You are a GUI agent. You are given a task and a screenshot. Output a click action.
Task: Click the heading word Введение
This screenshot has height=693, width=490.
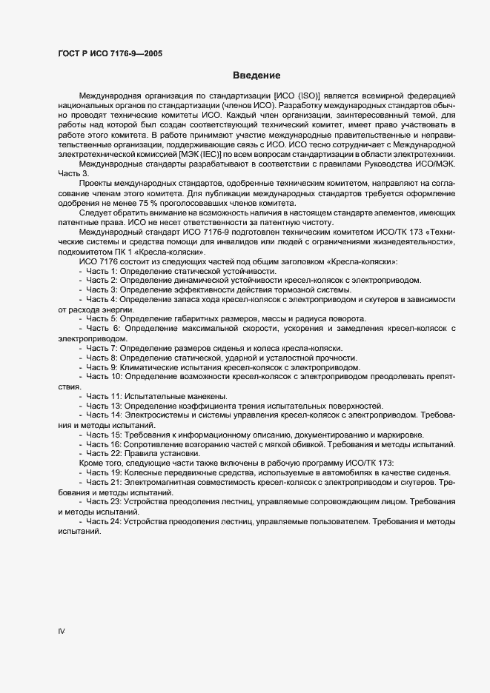256,76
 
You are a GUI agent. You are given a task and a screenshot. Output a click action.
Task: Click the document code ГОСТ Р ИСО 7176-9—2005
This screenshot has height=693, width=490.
110,54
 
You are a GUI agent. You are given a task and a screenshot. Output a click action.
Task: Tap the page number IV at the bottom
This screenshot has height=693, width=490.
62,631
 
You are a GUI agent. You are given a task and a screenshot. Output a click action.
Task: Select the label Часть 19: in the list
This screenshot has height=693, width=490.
105,472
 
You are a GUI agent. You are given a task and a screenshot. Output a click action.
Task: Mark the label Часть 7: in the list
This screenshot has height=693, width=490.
102,347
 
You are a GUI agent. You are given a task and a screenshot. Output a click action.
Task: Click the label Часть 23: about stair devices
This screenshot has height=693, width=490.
105,501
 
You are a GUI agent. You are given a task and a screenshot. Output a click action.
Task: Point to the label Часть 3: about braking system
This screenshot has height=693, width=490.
102,290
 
